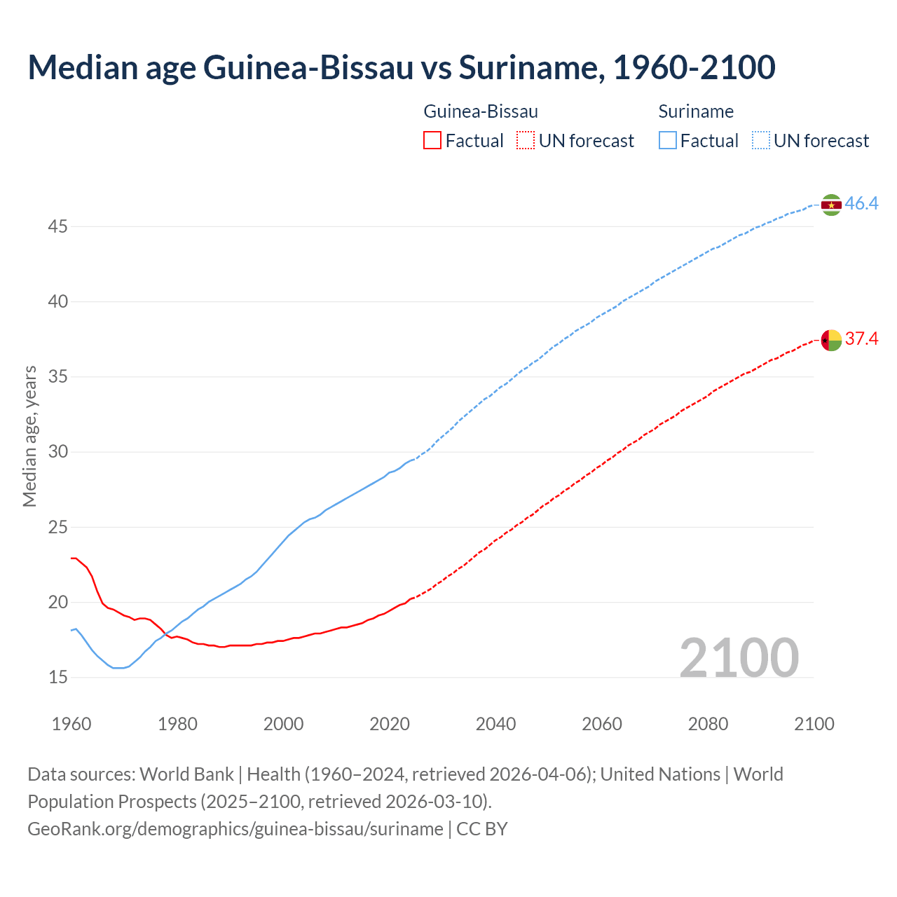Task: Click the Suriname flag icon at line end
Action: pos(831,205)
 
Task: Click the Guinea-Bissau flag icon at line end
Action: pos(831,340)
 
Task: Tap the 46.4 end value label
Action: pos(861,204)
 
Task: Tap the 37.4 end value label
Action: pos(861,339)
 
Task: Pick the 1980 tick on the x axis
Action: pos(177,724)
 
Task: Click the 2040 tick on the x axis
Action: pos(495,724)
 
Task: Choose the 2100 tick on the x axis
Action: pos(814,724)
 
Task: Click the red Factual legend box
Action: pos(432,141)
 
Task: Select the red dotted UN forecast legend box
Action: pos(526,141)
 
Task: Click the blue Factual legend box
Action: pos(668,141)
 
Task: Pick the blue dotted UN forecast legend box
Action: pos(761,141)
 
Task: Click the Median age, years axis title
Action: pos(29,436)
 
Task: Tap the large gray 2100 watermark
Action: pos(739,657)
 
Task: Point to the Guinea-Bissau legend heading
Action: pos(481,111)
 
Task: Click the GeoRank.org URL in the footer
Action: pos(235,829)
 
